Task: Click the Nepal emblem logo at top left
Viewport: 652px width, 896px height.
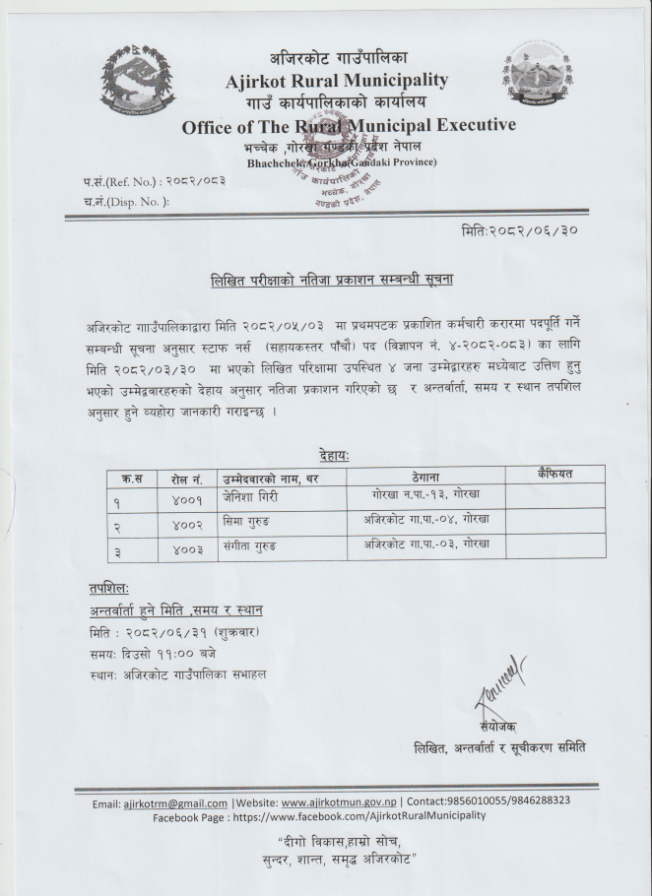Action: [137, 80]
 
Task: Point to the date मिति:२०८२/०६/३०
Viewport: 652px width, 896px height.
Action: [524, 230]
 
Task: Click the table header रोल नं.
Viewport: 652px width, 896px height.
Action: [186, 478]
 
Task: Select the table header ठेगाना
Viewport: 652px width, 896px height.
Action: [426, 478]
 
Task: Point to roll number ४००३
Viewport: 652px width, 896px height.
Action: [185, 547]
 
